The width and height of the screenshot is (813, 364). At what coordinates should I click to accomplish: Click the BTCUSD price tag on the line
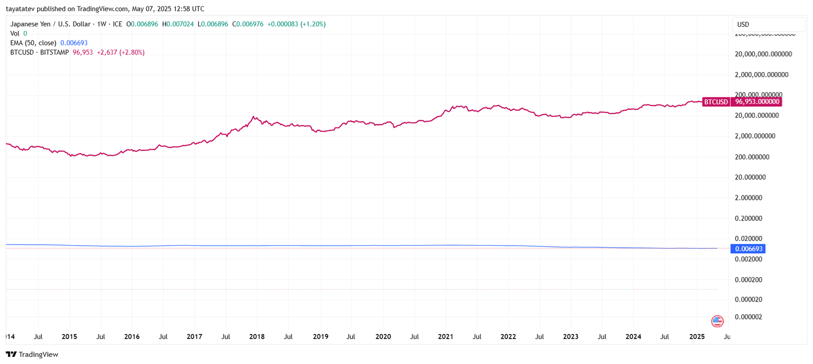[x=715, y=102]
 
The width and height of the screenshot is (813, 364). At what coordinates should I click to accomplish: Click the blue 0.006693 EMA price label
[x=748, y=249]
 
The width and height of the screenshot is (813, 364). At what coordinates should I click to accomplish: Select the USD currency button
[x=743, y=24]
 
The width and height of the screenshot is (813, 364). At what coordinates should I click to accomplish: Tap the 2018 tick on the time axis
[x=257, y=337]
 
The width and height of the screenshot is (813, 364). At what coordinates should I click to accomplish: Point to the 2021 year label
[x=445, y=337]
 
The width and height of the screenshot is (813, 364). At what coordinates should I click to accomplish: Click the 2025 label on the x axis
[x=697, y=337]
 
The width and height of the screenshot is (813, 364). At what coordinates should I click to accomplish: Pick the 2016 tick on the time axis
[x=132, y=337]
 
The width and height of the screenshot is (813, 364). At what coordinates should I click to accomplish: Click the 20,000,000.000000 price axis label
[x=763, y=54]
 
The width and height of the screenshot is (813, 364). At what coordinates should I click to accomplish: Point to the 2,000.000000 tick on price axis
[x=755, y=136]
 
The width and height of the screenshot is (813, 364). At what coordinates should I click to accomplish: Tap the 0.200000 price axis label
[x=748, y=218]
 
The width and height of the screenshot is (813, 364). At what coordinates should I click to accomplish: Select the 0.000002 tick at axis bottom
[x=748, y=317]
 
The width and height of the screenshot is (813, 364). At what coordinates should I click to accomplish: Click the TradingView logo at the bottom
[x=32, y=354]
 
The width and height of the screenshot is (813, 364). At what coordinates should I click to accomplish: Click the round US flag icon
[x=717, y=321]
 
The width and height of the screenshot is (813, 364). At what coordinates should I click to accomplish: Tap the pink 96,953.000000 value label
[x=757, y=102]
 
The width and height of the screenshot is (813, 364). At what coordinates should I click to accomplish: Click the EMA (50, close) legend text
[x=33, y=43]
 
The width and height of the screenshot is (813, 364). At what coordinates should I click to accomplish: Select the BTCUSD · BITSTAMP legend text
[x=39, y=52]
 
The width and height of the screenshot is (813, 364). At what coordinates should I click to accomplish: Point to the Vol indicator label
[x=15, y=34]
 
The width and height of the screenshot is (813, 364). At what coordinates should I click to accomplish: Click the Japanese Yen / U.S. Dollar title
[x=50, y=24]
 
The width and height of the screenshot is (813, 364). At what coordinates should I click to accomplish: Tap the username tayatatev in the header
[x=20, y=9]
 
